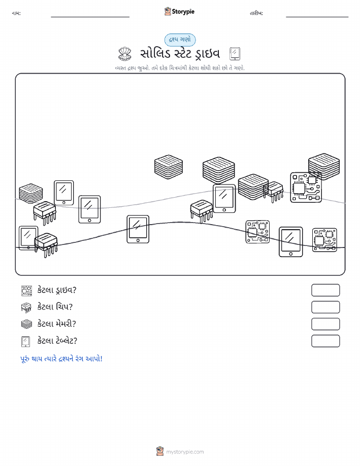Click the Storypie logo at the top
179,12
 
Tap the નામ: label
16,13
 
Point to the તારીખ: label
256,13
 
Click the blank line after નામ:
90,17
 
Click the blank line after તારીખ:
317,17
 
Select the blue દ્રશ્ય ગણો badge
180,40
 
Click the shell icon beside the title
125,54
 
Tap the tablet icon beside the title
235,54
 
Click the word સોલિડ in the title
155,54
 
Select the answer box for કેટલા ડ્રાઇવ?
325,290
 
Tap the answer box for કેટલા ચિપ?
325,307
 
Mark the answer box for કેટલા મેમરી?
325,324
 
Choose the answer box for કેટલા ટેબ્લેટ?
325,341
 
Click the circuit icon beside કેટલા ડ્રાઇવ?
26,290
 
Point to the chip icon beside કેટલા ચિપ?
26,307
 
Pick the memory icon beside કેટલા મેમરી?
26,324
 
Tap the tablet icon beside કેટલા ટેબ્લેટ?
26,341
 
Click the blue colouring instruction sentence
61,359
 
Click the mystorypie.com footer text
185,452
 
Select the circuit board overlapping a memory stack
306,187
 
